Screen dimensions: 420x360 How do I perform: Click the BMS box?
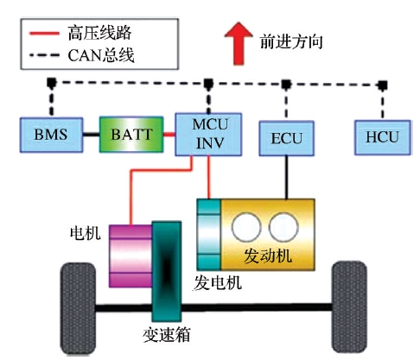coord(51,135)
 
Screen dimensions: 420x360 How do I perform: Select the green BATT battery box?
coord(131,135)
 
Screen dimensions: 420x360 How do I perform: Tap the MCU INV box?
coord(208,135)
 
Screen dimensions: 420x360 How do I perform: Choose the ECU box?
coord(286,138)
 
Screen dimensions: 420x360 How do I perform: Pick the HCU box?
coord(382,137)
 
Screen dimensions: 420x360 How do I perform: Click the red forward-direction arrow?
coord(239,43)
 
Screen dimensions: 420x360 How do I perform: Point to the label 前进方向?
coord(291,42)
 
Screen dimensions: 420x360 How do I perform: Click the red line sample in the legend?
coord(44,34)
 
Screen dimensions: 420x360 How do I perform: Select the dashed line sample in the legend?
coord(44,54)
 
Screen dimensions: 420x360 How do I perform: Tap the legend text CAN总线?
coord(101,55)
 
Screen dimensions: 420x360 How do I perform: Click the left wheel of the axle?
coord(78,308)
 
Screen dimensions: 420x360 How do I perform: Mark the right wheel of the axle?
coord(349,306)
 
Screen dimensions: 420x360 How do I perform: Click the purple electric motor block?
coord(130,256)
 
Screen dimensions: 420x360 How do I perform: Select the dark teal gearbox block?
coord(167,271)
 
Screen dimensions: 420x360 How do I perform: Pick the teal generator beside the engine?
coord(209,234)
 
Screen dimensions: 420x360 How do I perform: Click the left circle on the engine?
coord(246,227)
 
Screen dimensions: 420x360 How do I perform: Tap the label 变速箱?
coord(167,335)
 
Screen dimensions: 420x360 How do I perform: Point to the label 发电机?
coord(217,283)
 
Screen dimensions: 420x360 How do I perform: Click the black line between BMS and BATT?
coord(92,135)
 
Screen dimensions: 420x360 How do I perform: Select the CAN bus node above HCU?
coord(382,85)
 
